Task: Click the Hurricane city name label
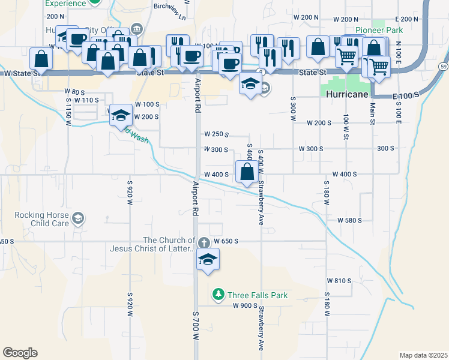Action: tap(346, 95)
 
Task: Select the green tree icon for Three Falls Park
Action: tap(218, 295)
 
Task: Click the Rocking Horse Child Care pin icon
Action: tap(77, 218)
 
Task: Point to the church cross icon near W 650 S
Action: tap(204, 243)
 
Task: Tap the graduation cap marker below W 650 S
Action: tap(208, 260)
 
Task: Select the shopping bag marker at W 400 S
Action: tap(247, 173)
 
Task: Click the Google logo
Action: tap(20, 353)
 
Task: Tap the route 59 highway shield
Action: tap(443, 65)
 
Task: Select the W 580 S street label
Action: tap(349, 221)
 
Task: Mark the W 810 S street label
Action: tap(339, 281)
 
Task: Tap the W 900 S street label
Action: tap(246, 306)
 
